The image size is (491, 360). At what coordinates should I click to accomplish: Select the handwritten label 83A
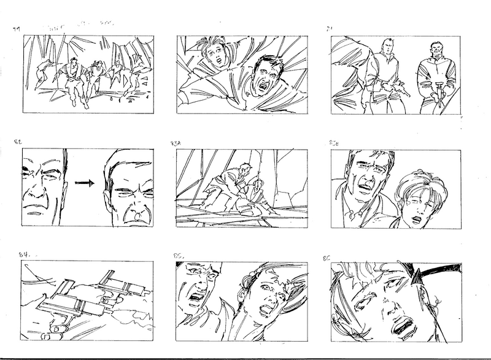(x=176, y=143)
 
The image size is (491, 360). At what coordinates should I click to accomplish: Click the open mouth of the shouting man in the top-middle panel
(x=265, y=85)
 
